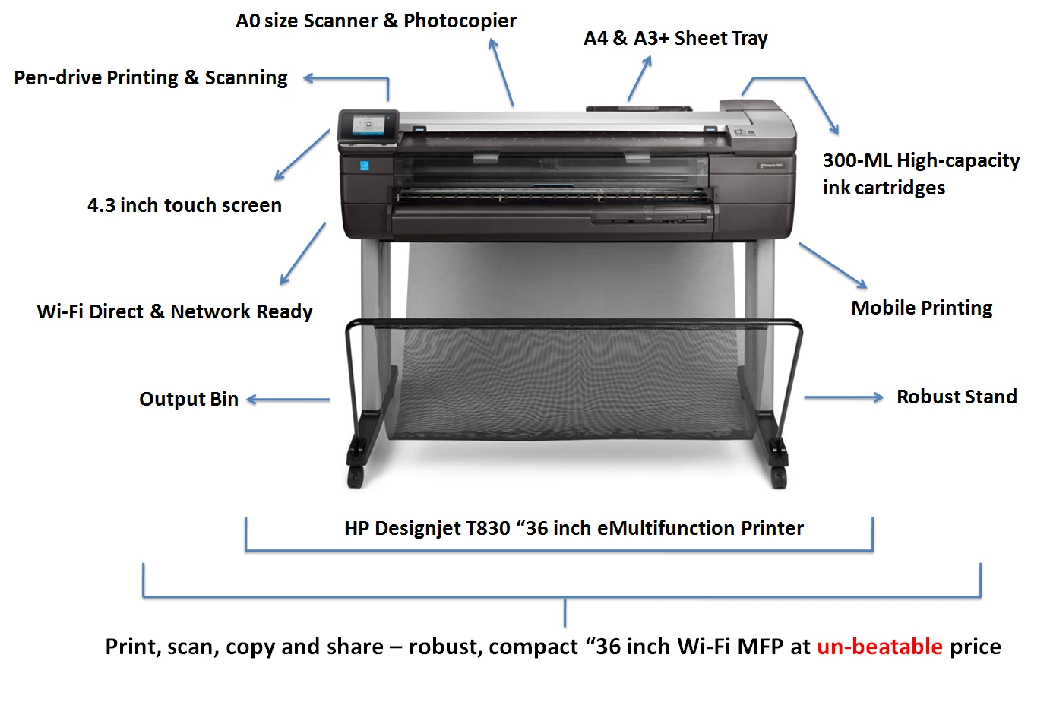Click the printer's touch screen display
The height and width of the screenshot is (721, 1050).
click(x=368, y=125)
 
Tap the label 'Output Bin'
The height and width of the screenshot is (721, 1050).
click(x=189, y=399)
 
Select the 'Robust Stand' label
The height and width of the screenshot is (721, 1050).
click(x=957, y=397)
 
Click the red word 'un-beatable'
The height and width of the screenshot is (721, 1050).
click(x=879, y=647)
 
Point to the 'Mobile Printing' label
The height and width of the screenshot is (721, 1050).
click(x=922, y=308)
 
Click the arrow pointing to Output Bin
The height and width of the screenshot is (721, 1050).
click(x=288, y=400)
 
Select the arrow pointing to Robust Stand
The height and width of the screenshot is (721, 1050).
click(x=844, y=397)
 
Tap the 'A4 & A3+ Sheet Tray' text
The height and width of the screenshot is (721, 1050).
click(x=675, y=38)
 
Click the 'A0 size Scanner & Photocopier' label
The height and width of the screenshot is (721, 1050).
click(x=376, y=21)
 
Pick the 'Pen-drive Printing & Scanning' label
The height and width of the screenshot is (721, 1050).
click(x=150, y=77)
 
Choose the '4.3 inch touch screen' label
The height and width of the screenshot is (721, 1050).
click(x=184, y=205)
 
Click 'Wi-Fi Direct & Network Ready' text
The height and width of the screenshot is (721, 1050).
click(x=175, y=311)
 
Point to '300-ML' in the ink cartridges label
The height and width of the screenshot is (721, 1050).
click(x=857, y=160)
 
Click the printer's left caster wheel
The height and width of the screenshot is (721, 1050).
click(x=355, y=477)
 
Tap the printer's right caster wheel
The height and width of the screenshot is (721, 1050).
click(x=779, y=478)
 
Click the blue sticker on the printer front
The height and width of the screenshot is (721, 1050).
click(x=364, y=166)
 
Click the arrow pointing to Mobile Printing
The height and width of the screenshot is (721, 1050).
click(x=833, y=265)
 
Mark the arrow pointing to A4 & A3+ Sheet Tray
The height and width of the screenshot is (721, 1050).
click(x=640, y=78)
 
